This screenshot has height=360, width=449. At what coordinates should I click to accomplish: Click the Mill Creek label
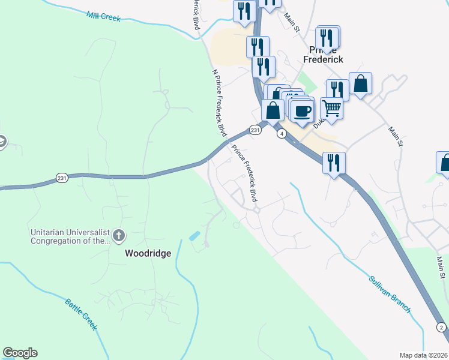(x=103, y=16)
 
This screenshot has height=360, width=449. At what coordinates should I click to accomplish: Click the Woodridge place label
(x=148, y=253)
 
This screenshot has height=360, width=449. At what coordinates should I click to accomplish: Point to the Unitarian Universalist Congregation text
(x=71, y=236)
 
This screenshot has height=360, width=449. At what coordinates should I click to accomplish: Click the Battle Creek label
(x=81, y=313)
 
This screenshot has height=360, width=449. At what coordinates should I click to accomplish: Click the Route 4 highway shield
(x=281, y=134)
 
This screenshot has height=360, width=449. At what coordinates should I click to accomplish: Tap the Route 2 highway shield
(x=441, y=327)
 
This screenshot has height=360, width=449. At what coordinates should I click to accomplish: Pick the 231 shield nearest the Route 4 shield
(x=256, y=130)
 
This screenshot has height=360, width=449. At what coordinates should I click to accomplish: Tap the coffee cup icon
(x=303, y=111)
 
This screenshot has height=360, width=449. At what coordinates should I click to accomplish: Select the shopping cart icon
(x=331, y=109)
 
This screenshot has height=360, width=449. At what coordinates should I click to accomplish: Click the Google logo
(x=20, y=353)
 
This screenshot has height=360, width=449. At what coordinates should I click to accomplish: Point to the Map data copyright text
(x=424, y=355)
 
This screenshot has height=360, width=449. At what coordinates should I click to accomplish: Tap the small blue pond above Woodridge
(x=195, y=236)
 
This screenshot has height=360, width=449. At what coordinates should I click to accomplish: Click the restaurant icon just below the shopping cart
(x=334, y=163)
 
